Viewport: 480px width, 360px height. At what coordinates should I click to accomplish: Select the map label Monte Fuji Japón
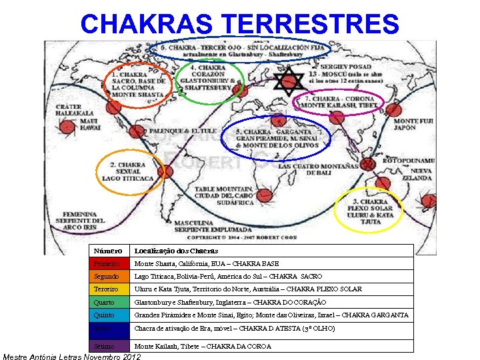(x=415, y=125)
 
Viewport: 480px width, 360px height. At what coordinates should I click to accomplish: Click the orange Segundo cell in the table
(x=109, y=276)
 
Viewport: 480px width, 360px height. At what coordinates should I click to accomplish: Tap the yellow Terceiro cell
(x=109, y=289)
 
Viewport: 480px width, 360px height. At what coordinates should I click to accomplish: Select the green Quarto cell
(x=109, y=302)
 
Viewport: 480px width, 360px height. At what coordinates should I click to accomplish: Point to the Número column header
(x=109, y=251)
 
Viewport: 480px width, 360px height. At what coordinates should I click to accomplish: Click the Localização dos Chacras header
(x=177, y=251)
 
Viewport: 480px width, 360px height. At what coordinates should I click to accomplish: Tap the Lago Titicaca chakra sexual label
(x=127, y=171)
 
